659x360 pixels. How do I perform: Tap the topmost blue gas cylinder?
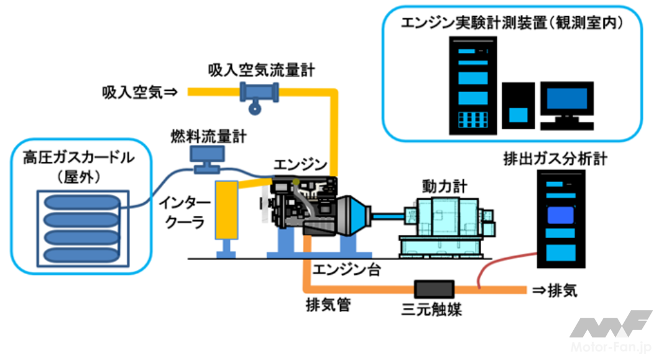point(78,203)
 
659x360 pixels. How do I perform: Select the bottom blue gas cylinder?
point(78,255)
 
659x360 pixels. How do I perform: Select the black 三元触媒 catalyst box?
point(435,288)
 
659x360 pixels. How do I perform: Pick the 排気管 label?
point(327,305)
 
